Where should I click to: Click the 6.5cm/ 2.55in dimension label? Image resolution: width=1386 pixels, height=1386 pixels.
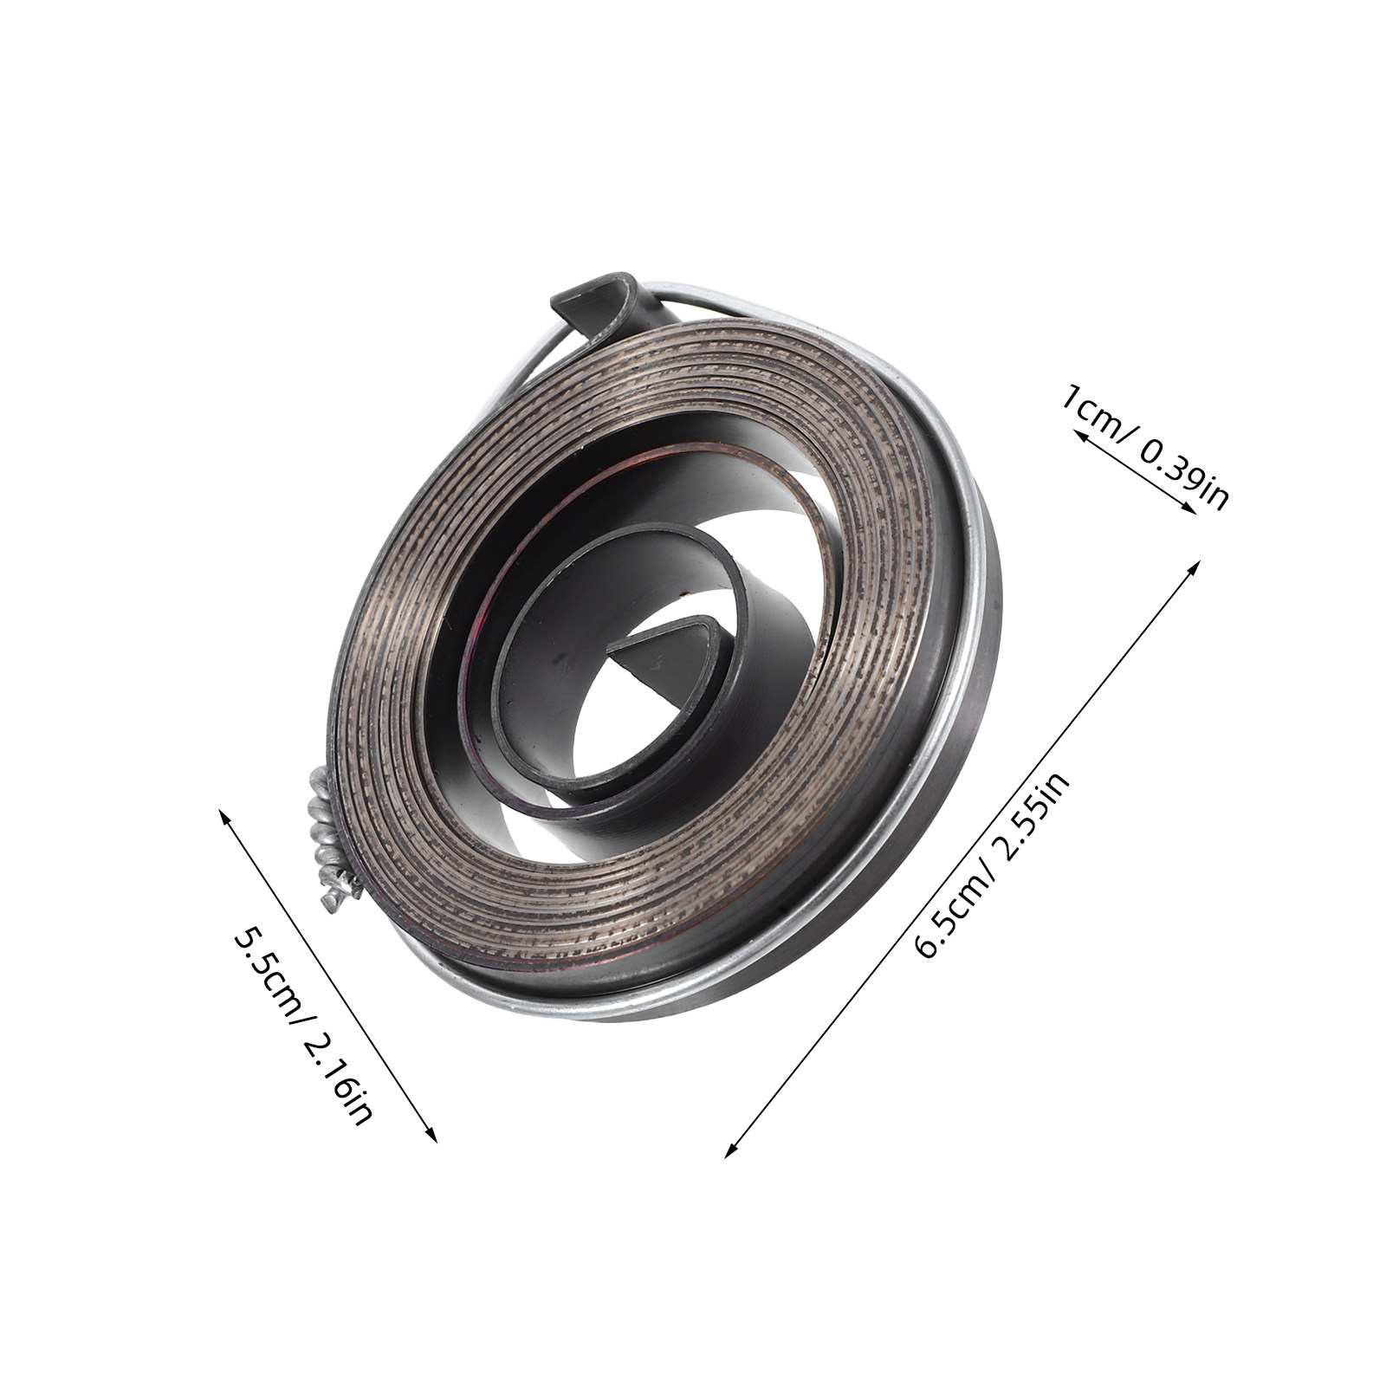(x=994, y=865)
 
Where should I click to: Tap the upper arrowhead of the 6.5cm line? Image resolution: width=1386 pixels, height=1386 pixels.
(x=1195, y=567)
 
